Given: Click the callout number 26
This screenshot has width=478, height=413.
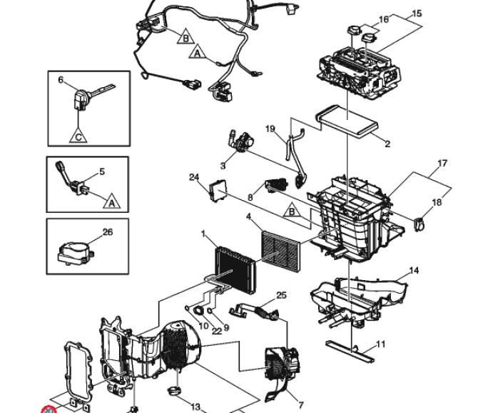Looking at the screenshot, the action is pos(108,232).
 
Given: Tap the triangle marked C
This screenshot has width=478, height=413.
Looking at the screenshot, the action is pos(78,136).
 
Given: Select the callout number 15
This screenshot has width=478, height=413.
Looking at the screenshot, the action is pos(417,14).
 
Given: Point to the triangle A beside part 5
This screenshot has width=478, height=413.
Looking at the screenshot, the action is pos(112,201).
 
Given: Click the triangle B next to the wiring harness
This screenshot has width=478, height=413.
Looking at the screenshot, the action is pos(185,36).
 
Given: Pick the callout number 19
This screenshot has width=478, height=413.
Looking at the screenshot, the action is pos(270,129).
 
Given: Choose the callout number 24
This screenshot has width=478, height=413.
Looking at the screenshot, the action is pos(194,177).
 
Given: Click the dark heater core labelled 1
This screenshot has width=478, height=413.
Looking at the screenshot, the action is pos(235,269).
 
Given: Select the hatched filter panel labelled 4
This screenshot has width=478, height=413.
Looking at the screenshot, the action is pos(281,251).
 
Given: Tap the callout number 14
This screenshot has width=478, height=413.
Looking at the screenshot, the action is pos(414,270).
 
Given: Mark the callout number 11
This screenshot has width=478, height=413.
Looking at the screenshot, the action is pos(381,344).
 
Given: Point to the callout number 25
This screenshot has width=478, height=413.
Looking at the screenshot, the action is pos(281,295).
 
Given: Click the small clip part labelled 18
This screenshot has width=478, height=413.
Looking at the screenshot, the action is pos(419,224).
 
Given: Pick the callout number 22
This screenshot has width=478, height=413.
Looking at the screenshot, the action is pos(216,331).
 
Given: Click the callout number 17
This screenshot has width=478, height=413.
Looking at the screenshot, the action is pos(442,164).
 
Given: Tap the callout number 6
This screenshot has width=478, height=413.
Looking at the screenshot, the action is pos(61,79).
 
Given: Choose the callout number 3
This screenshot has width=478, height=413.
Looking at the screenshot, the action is pos(223,166).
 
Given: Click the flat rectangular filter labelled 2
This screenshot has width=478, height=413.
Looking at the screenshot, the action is pos(347,121).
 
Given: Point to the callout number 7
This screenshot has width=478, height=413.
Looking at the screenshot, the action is pos(301,405).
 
